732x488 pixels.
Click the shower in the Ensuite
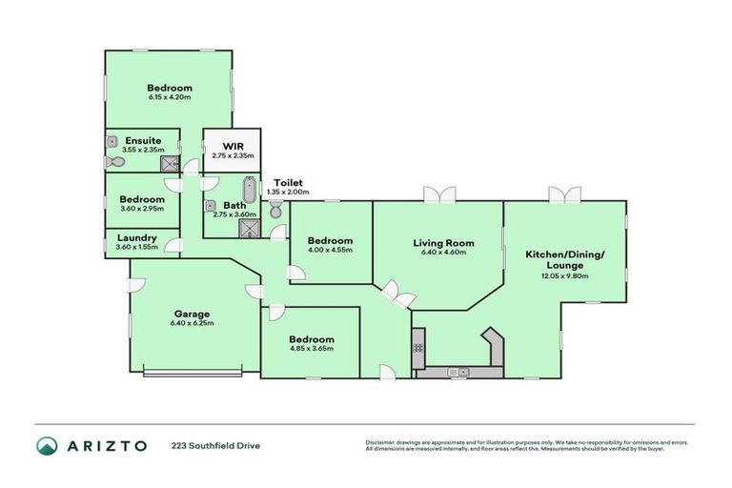[169, 165]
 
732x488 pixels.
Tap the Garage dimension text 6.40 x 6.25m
[192, 323]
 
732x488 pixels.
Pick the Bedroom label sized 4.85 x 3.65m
[312, 339]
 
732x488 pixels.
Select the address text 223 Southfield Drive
[215, 445]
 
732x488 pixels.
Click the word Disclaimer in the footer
[380, 442]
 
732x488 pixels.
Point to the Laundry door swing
[173, 247]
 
